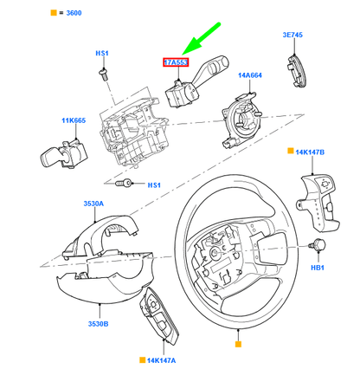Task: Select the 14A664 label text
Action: [251, 75]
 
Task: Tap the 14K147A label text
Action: [160, 358]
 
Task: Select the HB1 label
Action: [318, 269]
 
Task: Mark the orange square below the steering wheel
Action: [236, 345]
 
